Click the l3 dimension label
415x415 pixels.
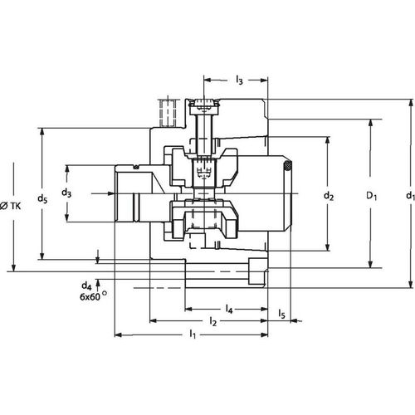[238, 81]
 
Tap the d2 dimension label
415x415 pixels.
[328, 197]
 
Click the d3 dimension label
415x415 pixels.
[66, 193]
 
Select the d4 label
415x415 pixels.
[86, 285]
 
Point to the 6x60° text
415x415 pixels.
[94, 296]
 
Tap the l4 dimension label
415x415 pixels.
[227, 310]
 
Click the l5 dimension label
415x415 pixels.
[282, 315]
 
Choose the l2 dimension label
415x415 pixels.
[212, 320]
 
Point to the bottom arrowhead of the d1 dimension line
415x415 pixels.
[408, 283]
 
